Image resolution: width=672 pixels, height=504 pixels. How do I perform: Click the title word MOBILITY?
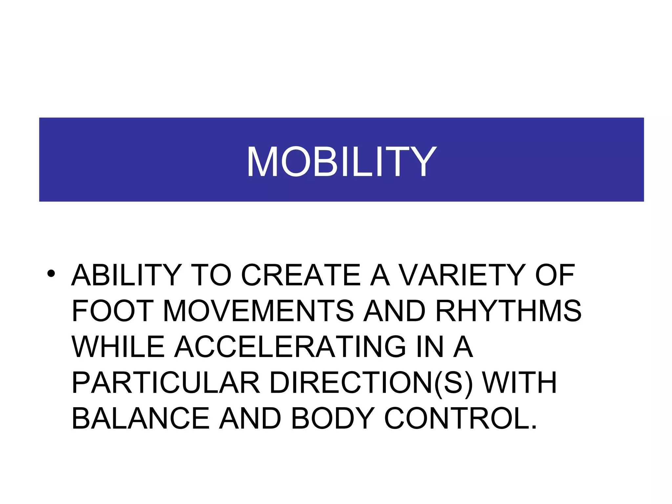click(x=341, y=161)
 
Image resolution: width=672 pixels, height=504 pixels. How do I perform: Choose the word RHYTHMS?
click(x=508, y=311)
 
